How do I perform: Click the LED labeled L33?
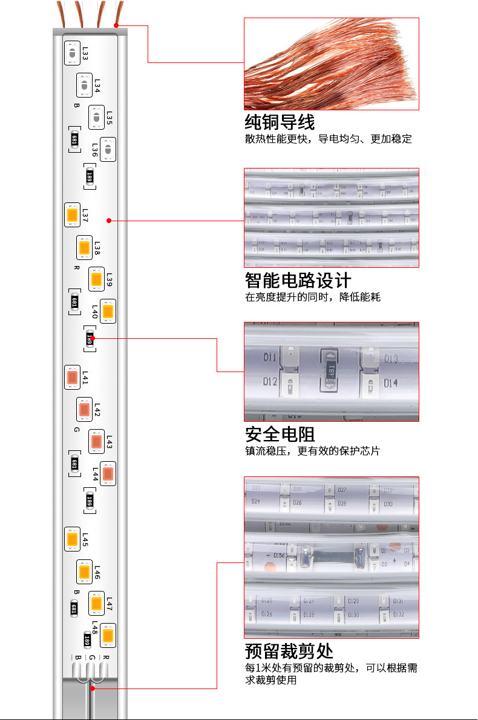pos(72,53)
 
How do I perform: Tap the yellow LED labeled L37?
pos(72,215)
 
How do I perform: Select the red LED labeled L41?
pos(72,378)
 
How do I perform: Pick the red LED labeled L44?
pos(108,473)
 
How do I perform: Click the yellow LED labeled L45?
pos(72,538)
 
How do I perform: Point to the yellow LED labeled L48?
pos(108,635)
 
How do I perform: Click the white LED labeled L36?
pos(108,149)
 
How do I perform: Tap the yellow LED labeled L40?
pos(108,312)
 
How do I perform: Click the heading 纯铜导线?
pos(280,122)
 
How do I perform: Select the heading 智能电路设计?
pos(298,280)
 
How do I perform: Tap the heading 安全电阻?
pos(280,434)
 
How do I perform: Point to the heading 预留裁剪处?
pos(289,652)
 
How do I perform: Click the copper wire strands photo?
pos(331,64)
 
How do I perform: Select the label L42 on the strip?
pos(97,410)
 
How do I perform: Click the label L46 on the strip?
pos(97,572)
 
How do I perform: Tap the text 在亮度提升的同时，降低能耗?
pos(313,297)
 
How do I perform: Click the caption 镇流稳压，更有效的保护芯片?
pos(313,451)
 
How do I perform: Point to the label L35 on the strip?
pos(110,118)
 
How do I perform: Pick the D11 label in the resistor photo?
pos(270,358)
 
